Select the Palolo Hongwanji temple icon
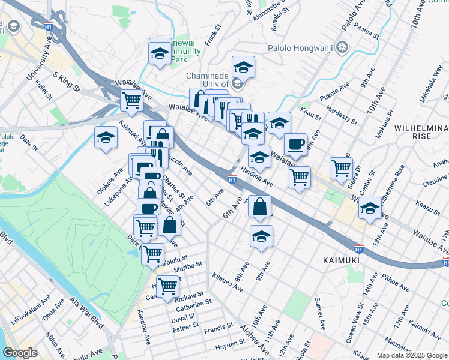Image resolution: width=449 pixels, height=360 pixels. pos(342,47)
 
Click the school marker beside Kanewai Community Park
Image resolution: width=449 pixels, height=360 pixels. pos(160,53)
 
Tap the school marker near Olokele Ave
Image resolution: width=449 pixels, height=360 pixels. pos(106,137)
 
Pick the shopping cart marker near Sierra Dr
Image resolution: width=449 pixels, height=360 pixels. pos(341,168)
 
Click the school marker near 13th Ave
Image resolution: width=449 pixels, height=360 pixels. pos(370,208)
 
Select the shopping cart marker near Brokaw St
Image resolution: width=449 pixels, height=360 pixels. pos(167,287)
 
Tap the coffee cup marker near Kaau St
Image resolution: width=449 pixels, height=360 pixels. pos(295,144)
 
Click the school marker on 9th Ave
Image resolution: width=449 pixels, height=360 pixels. pos(261,236)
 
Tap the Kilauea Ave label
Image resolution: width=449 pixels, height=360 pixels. pos(228,283)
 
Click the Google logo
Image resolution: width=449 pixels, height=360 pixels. pos(20,353)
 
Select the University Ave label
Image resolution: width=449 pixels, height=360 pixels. pos(38,61)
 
